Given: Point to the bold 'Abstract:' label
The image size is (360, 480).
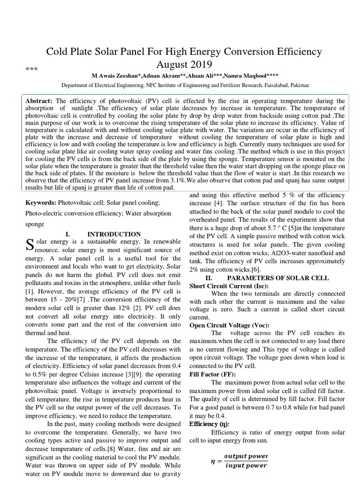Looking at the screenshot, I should (39, 101).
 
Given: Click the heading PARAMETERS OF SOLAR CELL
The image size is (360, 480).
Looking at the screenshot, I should (283, 278).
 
